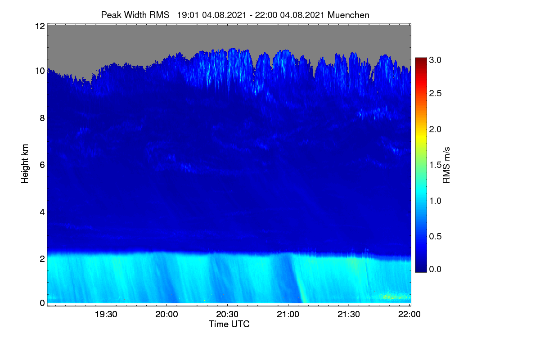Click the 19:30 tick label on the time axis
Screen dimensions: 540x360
pos(106,314)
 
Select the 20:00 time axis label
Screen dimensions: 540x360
pos(166,314)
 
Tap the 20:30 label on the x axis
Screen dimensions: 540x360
pos(227,314)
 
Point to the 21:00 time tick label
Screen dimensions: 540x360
pos(288,314)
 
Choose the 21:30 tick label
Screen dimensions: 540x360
pos(349,314)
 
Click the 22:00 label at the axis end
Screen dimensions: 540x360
pos(409,314)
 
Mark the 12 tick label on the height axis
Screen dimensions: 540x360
pos(40,26)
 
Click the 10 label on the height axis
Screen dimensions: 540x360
pos(40,71)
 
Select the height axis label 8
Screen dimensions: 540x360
pos(42,118)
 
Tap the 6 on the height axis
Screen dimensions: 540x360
pos(42,165)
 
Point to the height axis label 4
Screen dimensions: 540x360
pos(42,212)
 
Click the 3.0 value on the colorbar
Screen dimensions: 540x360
pos(435,60)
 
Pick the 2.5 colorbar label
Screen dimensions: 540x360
pos(435,93)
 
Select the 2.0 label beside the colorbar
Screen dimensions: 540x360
pos(435,129)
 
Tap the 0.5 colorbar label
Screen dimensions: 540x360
pos(435,236)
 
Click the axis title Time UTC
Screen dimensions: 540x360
pos(229,324)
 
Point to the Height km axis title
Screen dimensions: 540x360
pos(25,164)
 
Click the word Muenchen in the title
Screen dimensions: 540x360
pos(348,15)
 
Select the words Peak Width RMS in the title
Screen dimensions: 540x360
pos(135,15)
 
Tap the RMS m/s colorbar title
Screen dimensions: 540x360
pos(446,165)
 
